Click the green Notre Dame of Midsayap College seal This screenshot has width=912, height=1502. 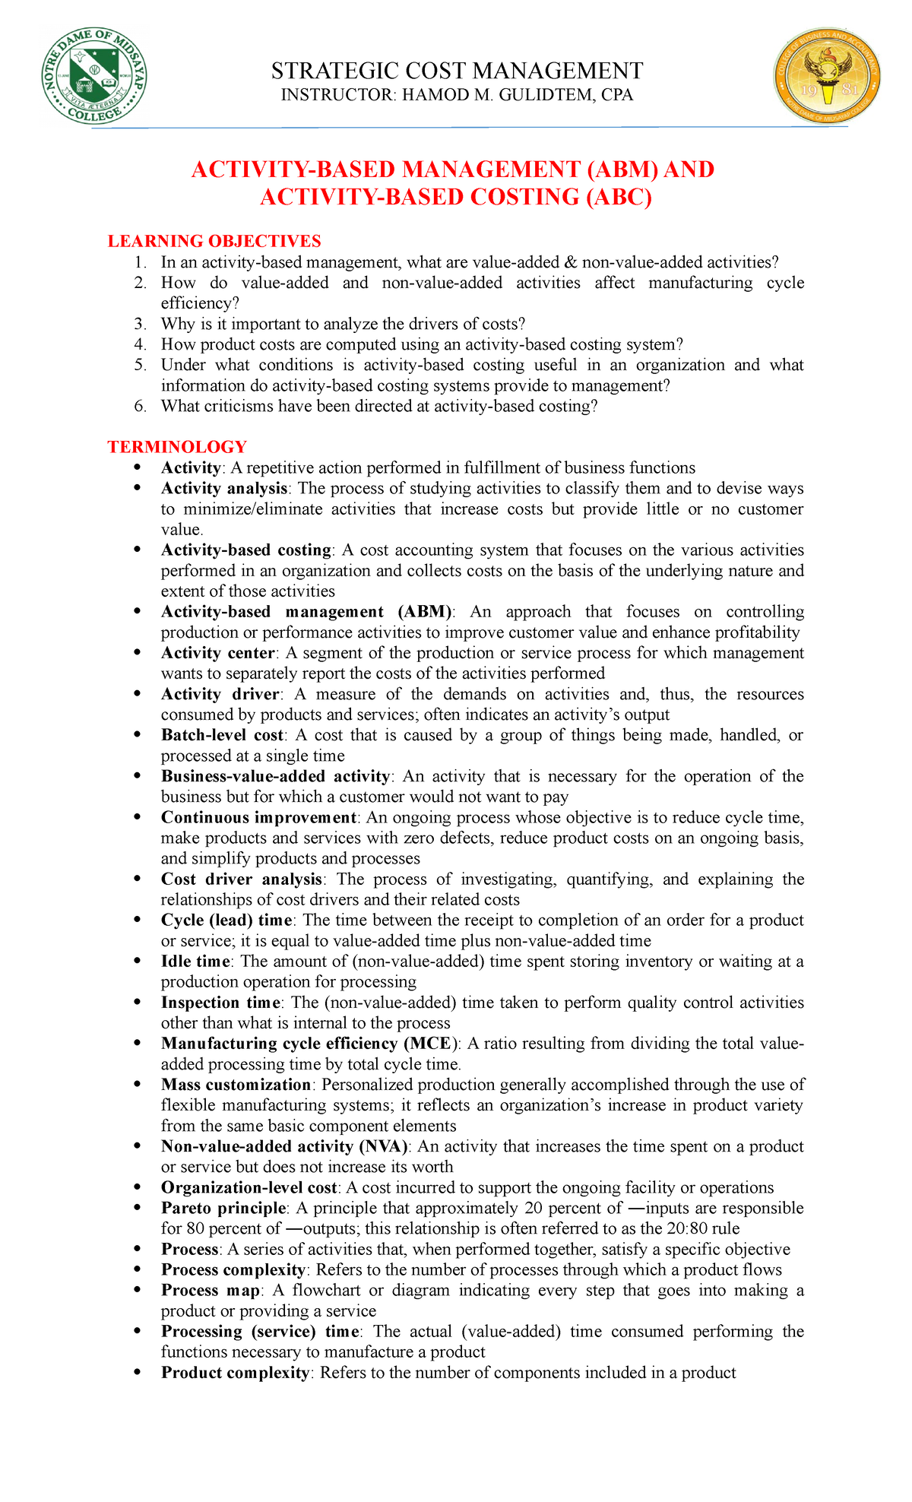(93, 76)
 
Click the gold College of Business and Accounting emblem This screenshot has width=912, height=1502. (828, 76)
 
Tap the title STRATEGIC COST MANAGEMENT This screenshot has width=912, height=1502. (457, 71)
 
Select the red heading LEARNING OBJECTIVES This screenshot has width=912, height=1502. (214, 241)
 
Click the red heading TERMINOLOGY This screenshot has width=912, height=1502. (177, 446)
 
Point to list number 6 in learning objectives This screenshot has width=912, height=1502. (139, 406)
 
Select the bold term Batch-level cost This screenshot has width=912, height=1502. (223, 735)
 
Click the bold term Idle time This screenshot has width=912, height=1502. (197, 961)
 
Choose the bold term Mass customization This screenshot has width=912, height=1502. (236, 1085)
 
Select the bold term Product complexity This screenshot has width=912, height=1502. (235, 1373)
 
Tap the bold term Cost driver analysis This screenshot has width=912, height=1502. (242, 879)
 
